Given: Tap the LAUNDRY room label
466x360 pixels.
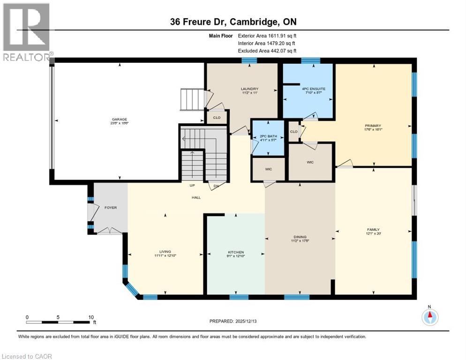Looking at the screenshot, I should pyautogui.click(x=249, y=89).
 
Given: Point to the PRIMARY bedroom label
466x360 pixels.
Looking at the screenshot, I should pyautogui.click(x=373, y=126).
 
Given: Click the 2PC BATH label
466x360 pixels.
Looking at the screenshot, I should pyautogui.click(x=269, y=136).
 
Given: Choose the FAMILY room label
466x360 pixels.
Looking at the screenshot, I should pyautogui.click(x=373, y=230).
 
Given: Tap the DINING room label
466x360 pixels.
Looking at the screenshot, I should pyautogui.click(x=300, y=237).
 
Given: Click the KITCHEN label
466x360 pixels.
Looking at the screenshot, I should pyautogui.click(x=236, y=252).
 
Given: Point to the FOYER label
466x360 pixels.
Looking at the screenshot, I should pyautogui.click(x=111, y=207).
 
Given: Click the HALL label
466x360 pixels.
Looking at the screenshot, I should pyautogui.click(x=196, y=198).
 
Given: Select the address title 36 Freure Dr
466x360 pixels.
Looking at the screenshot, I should pyautogui.click(x=233, y=22).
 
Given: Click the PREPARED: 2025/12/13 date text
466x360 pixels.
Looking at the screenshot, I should pyautogui.click(x=233, y=321).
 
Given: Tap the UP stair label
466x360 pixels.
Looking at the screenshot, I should pyautogui.click(x=192, y=186).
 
